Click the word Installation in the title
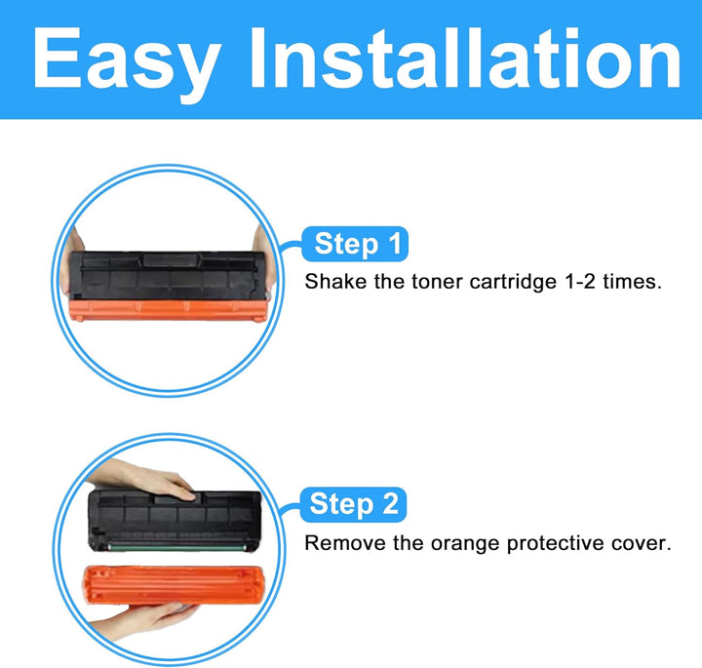(466, 58)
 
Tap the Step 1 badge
(355, 244)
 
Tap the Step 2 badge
(353, 504)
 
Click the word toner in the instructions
(436, 283)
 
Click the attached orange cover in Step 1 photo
(168, 310)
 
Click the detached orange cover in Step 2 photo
(173, 584)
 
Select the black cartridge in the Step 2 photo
(175, 521)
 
